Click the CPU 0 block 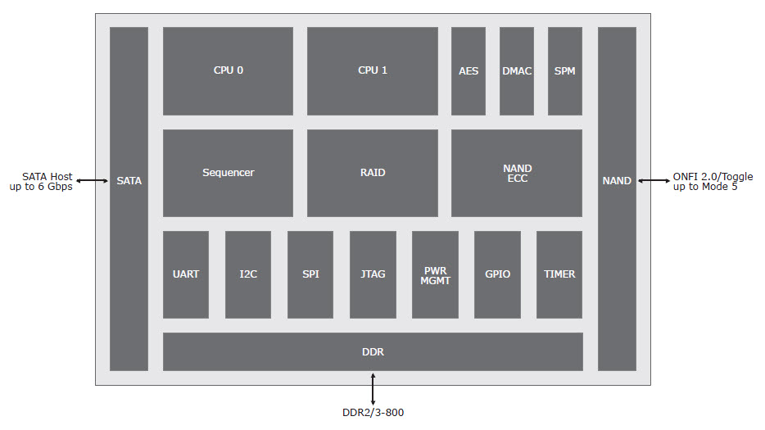coord(228,71)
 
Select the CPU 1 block coord(372,71)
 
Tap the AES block coord(469,71)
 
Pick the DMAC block coord(517,71)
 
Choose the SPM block coord(565,71)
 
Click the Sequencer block coord(228,173)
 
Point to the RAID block coord(372,173)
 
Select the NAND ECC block coord(517,173)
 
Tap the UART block coord(186,274)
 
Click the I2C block coord(248,274)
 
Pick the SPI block coord(310,274)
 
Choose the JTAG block coord(373,274)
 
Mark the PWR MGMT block coord(435,274)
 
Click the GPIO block coord(497,274)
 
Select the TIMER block coord(559,274)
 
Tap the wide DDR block coord(373,351)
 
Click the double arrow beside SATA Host coord(93,181)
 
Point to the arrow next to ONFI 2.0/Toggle coord(654,181)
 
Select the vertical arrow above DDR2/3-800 coord(373,389)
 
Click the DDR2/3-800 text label coord(373,413)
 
